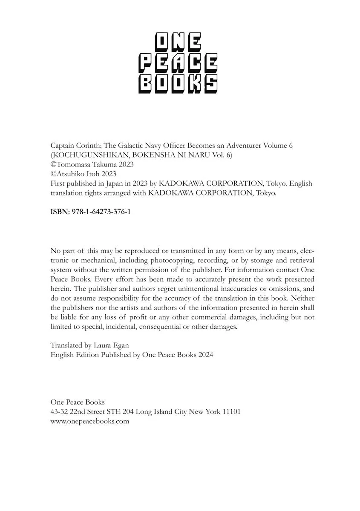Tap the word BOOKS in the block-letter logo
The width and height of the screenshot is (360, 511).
pos(178,84)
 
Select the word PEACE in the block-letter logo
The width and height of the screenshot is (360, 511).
pos(178,64)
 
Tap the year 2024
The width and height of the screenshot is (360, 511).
pos(205,355)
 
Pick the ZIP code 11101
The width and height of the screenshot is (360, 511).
pos(231,412)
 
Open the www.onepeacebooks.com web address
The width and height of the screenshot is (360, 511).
pos(89,421)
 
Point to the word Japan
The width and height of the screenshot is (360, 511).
pos(113,184)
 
